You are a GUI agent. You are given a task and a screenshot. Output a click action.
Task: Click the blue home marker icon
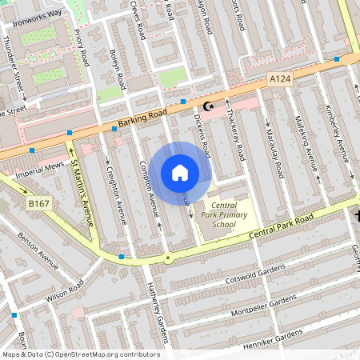click(x=180, y=172)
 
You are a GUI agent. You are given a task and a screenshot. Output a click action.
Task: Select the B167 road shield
click(x=38, y=205)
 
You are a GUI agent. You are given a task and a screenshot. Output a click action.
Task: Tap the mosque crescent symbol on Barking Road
click(x=210, y=106)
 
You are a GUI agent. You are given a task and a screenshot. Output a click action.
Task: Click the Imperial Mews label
click(x=42, y=167)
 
